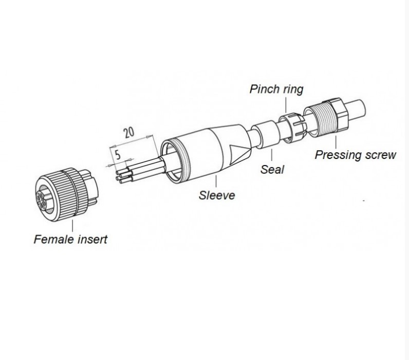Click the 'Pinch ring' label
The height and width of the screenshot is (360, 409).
(x=276, y=89)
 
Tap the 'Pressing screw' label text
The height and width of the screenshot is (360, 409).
(x=355, y=154)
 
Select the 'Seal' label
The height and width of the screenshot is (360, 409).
(x=272, y=169)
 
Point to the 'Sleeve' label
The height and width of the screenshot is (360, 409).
(x=217, y=195)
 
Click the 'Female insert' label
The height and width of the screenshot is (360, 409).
(x=70, y=239)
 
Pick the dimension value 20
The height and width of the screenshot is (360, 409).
(x=129, y=132)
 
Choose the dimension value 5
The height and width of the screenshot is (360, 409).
(x=118, y=155)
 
